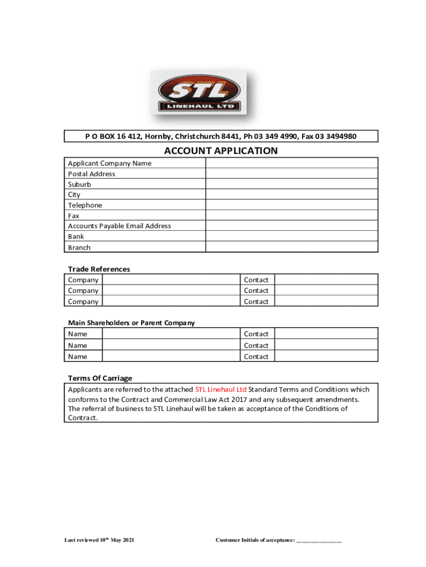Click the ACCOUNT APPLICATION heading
pyautogui.click(x=221, y=151)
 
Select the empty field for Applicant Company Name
pyautogui.click(x=292, y=163)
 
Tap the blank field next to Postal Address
pyautogui.click(x=292, y=173)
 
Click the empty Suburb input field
pyautogui.click(x=292, y=184)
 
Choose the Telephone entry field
pyautogui.click(x=292, y=205)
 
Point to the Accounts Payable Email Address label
pyautogui.click(x=119, y=226)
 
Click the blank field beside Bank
pyautogui.click(x=292, y=236)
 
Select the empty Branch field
pyautogui.click(x=292, y=247)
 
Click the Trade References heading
pyautogui.click(x=99, y=269)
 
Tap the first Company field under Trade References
pyautogui.click(x=170, y=280)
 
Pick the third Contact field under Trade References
pyautogui.click(x=326, y=301)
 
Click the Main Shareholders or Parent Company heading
pyautogui.click(x=131, y=323)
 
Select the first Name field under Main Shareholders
pyautogui.click(x=170, y=333)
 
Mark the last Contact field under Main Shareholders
pyautogui.click(x=326, y=356)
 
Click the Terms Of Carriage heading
pyautogui.click(x=100, y=378)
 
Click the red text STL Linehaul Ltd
pyautogui.click(x=221, y=389)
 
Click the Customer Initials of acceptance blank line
pyautogui.click(x=319, y=540)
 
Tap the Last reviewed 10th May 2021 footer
pyautogui.click(x=98, y=540)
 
